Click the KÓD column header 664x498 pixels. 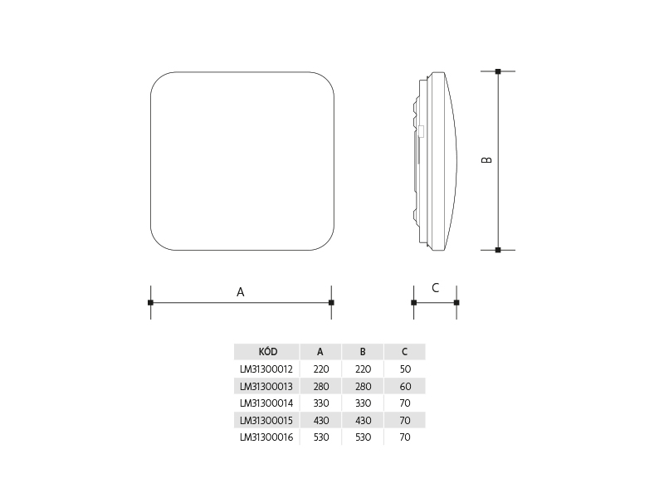(x=267, y=351)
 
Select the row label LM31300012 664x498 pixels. (x=266, y=369)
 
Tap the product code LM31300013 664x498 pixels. (x=266, y=386)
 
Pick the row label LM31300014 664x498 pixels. (x=266, y=403)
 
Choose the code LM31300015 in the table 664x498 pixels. (x=266, y=421)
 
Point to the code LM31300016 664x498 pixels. (x=266, y=437)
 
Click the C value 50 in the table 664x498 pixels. (x=405, y=369)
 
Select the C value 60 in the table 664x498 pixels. (x=405, y=386)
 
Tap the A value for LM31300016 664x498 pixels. (x=321, y=437)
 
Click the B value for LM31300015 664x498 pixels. (x=364, y=421)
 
